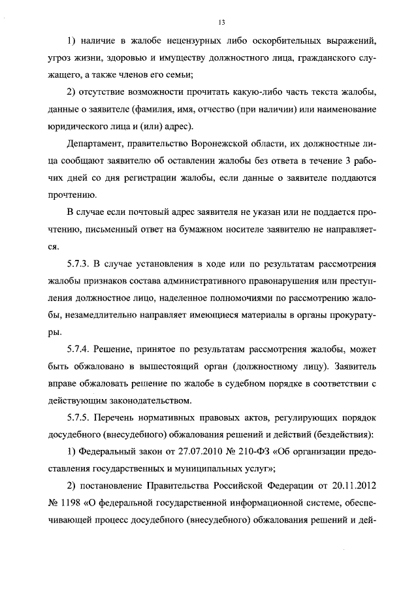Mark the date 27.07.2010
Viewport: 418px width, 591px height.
pos(193,452)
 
